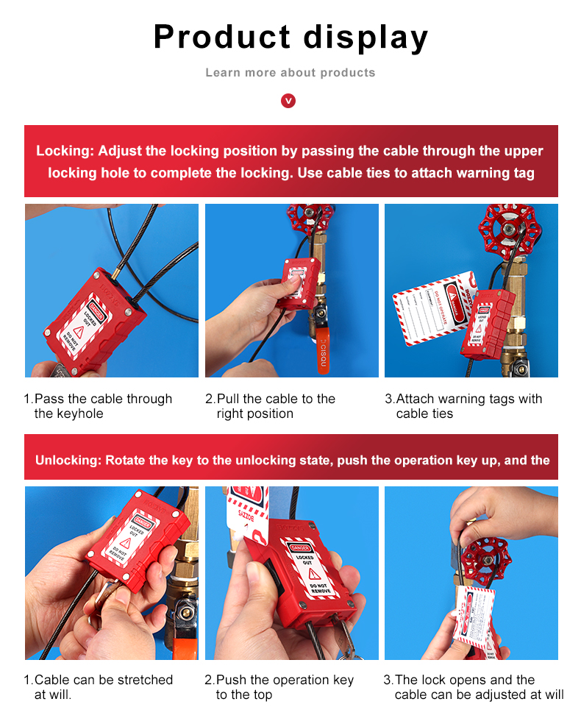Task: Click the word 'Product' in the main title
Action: [221, 38]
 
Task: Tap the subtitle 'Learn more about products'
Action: [290, 72]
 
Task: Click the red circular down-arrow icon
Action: [288, 100]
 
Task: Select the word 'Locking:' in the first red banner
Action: [64, 151]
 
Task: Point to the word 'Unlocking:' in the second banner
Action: [68, 461]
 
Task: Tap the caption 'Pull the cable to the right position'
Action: [270, 406]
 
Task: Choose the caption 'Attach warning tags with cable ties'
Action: [463, 406]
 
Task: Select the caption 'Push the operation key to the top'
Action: [279, 687]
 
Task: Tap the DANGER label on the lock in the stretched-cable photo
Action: [143, 524]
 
